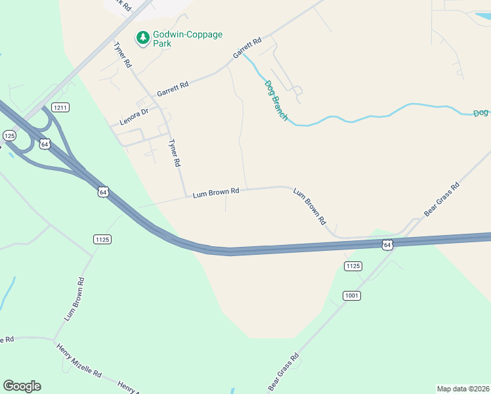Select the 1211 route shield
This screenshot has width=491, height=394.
tap(60, 107)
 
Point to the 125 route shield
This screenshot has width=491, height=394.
tap(9, 135)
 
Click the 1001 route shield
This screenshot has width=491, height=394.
tap(352, 295)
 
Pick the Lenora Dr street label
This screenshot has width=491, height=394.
tap(135, 116)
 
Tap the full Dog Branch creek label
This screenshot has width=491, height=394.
tap(276, 100)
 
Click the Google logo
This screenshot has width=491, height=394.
tap(22, 386)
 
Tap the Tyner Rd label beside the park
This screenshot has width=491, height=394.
tap(123, 56)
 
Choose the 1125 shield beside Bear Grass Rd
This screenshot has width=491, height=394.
tap(352, 265)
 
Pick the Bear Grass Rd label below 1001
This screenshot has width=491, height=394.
tap(284, 372)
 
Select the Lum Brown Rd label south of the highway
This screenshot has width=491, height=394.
tap(74, 299)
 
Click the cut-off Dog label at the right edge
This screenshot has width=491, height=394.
tap(481, 114)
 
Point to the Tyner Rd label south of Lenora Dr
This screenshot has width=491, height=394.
tap(174, 153)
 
